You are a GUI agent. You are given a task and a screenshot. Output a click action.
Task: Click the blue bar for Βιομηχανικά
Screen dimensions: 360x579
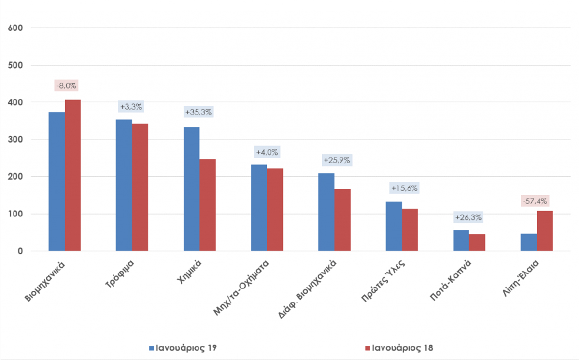pyautogui.click(x=57, y=181)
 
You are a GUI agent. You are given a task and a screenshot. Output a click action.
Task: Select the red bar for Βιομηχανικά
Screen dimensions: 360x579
pyautogui.click(x=73, y=176)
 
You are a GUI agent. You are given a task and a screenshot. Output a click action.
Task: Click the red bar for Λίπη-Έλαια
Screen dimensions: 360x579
pyautogui.click(x=545, y=231)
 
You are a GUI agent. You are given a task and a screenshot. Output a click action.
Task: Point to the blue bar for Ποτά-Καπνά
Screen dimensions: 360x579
pyautogui.click(x=461, y=241)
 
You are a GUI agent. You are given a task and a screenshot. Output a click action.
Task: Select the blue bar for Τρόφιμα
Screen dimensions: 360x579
pyautogui.click(x=124, y=186)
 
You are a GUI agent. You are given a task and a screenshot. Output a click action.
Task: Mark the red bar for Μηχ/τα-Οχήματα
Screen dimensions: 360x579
pyautogui.click(x=275, y=210)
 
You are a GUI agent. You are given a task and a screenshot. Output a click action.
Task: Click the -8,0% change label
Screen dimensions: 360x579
pyautogui.click(x=66, y=86)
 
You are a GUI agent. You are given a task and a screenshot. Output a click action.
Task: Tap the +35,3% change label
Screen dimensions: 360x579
pyautogui.click(x=199, y=112)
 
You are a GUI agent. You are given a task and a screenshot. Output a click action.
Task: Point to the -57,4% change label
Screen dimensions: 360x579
pyautogui.click(x=535, y=201)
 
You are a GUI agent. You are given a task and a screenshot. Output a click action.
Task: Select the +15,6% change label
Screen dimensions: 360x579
pyautogui.click(x=404, y=188)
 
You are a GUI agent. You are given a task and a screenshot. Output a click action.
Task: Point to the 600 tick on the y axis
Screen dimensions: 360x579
pyautogui.click(x=15, y=28)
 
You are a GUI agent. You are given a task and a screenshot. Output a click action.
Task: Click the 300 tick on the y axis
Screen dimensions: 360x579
pyautogui.click(x=15, y=140)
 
